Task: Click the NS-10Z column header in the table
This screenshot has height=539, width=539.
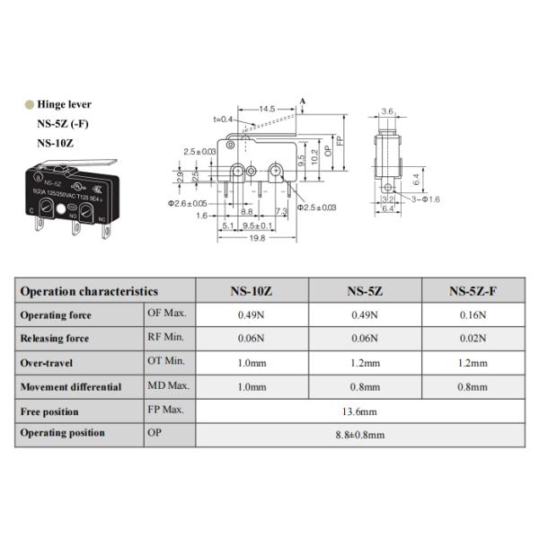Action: (252, 291)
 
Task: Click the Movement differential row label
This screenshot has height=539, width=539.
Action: (71, 387)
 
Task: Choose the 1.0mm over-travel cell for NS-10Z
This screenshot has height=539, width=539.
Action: (252, 363)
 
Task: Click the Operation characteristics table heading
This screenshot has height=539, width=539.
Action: (89, 291)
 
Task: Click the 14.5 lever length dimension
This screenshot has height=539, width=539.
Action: (266, 110)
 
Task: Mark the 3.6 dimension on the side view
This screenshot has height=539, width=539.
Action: (388, 110)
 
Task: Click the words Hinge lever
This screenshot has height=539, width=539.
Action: (64, 104)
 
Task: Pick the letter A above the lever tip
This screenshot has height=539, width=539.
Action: (303, 101)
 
